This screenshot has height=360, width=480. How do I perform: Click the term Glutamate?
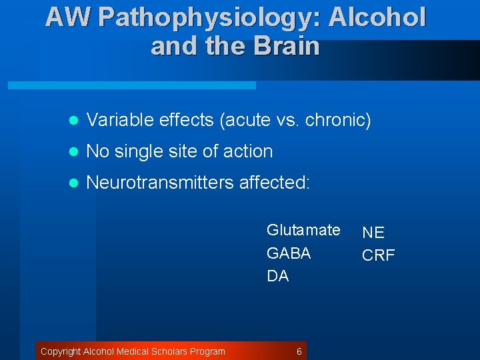303,230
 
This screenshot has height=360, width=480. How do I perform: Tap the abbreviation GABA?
289,253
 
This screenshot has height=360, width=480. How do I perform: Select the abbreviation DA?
277,276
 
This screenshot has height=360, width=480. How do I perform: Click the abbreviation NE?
373,233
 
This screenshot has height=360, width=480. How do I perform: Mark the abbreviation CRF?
378,255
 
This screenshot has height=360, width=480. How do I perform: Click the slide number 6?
299,351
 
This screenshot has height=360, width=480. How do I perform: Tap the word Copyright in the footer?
60,351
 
